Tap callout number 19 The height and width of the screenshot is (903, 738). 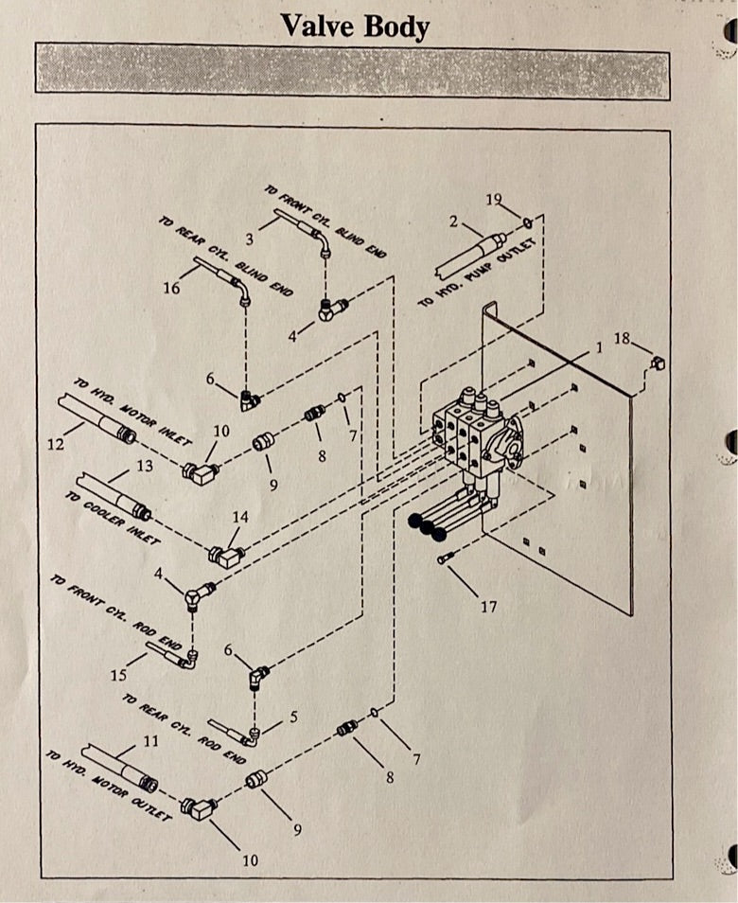click(494, 199)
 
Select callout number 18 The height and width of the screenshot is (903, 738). click(622, 338)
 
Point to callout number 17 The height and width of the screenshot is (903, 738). click(488, 607)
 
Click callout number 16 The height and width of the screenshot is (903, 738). click(171, 288)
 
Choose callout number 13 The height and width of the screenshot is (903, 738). click(144, 466)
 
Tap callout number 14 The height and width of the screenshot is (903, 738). click(240, 517)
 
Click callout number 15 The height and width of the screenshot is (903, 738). click(118, 676)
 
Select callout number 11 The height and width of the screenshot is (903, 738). click(151, 741)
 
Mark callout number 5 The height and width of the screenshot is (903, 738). click(294, 717)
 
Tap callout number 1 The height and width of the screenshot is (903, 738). click(599, 347)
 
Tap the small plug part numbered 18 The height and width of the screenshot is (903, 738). click(659, 362)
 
